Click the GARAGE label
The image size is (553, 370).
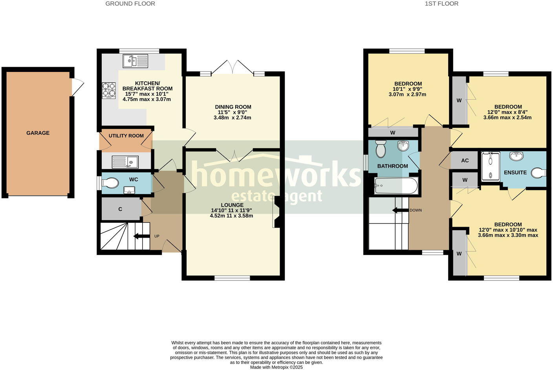point(38,133)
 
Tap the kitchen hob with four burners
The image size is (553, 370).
point(109,90)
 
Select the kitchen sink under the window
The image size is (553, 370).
point(136,61)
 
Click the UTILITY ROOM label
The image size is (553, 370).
point(126,136)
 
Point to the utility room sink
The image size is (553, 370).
point(125,162)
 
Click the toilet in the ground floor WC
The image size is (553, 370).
point(110,183)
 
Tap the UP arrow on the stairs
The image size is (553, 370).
point(142,236)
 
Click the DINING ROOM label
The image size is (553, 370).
point(233,107)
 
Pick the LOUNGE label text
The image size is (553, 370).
point(232,205)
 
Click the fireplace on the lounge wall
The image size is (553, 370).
point(276,212)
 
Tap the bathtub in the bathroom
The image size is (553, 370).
point(396,185)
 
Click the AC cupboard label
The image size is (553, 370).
point(465,161)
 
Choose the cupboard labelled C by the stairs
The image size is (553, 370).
point(120,209)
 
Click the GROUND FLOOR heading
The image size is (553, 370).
point(130,4)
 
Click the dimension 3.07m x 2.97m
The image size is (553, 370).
point(407,95)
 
